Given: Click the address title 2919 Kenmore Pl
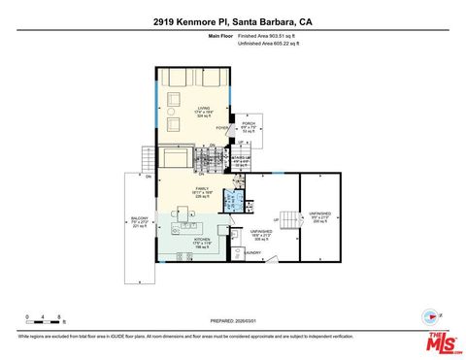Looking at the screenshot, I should tap(232, 21).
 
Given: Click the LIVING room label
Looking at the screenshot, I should tap(204, 110).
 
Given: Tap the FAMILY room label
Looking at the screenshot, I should tap(203, 189).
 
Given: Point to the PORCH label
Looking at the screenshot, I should tap(249, 124).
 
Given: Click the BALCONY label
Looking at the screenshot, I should tap(141, 219).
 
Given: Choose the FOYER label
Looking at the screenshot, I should tap(221, 127).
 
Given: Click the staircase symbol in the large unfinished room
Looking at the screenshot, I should tap(287, 219).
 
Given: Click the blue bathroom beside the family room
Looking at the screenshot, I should tap(232, 200).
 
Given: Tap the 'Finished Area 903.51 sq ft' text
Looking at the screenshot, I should tap(267, 36).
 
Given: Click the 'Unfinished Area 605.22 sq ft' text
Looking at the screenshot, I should tap(269, 44).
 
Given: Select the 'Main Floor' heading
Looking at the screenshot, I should tap(220, 36).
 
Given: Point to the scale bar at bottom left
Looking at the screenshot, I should tap(45, 318).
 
